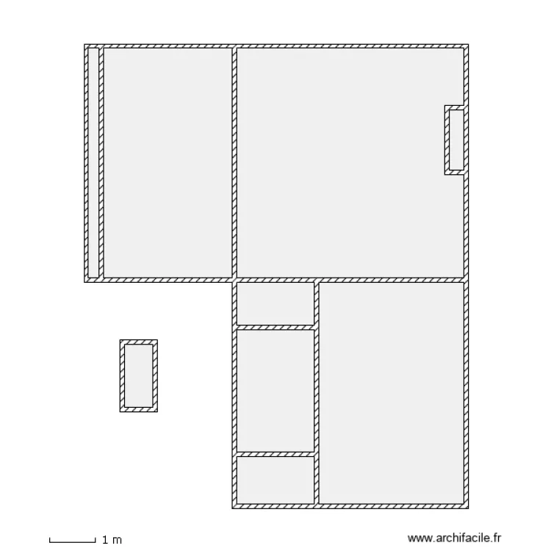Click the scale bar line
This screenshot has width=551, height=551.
72,541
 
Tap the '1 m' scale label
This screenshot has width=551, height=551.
112,540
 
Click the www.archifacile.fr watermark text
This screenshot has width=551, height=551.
457,539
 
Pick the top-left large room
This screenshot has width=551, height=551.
168,162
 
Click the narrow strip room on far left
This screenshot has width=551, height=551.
93,162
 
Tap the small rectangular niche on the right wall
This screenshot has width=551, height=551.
455,140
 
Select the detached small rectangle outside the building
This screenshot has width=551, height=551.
139,375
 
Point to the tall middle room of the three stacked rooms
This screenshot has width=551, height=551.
275,390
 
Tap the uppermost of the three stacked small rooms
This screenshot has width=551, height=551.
275,303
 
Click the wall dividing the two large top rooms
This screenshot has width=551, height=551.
234,162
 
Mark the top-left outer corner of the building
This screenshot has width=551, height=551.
85,46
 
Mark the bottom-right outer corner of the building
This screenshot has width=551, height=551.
467,508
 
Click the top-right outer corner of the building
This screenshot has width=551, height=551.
467,46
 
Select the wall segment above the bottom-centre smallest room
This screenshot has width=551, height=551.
275,454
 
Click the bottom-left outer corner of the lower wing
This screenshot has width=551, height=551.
233,508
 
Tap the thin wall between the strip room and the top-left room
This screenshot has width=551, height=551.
101,162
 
